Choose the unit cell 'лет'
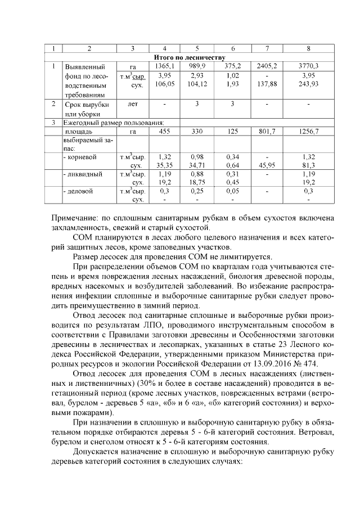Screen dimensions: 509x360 coord(133,105)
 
